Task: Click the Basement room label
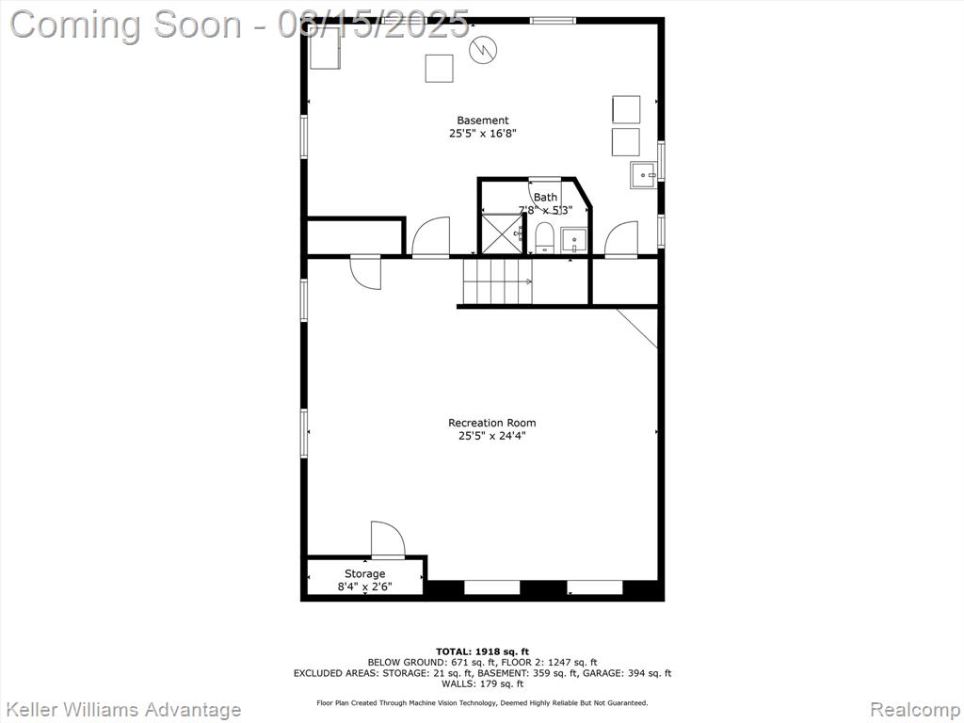pyautogui.click(x=483, y=120)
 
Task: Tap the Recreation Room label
pyautogui.click(x=491, y=423)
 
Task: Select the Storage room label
pyautogui.click(x=364, y=574)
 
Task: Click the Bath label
pyautogui.click(x=545, y=198)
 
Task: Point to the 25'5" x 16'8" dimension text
pyautogui.click(x=483, y=134)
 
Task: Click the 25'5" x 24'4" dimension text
pyautogui.click(x=492, y=437)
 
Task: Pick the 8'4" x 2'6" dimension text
pyautogui.click(x=364, y=586)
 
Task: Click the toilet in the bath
pyautogui.click(x=544, y=238)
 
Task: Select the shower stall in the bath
pyautogui.click(x=503, y=233)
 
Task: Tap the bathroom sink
pyautogui.click(x=574, y=240)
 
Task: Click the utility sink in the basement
pyautogui.click(x=644, y=175)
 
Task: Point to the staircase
pyautogui.click(x=497, y=281)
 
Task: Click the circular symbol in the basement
pyautogui.click(x=483, y=50)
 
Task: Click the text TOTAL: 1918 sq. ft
pyautogui.click(x=483, y=651)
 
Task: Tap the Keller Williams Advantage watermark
pyautogui.click(x=122, y=710)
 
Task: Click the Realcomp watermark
pyautogui.click(x=915, y=710)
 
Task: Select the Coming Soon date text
pyautogui.click(x=240, y=25)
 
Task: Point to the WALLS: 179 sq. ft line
pyautogui.click(x=483, y=683)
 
